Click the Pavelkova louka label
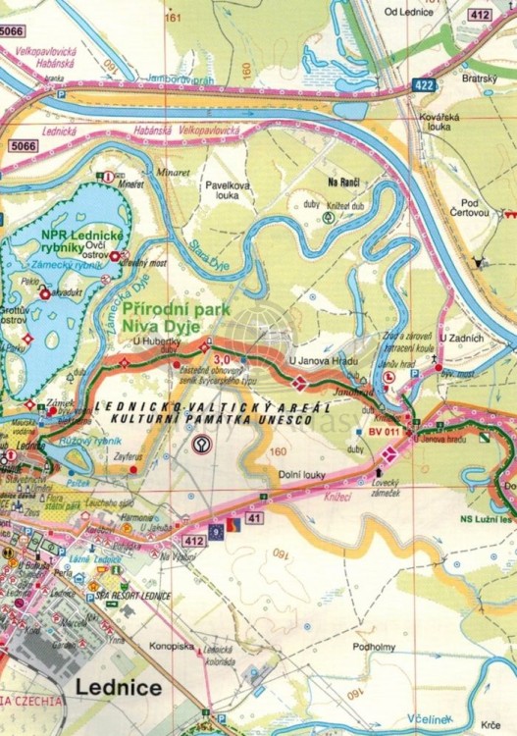[221, 188]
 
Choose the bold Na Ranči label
[344, 184]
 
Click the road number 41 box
[254, 516]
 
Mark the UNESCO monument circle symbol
[200, 444]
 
